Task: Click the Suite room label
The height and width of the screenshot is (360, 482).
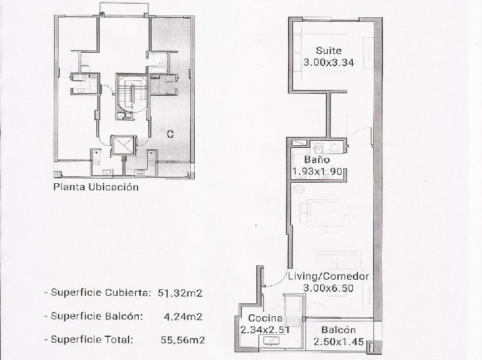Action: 328,50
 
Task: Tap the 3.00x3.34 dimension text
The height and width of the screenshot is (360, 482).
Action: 328,62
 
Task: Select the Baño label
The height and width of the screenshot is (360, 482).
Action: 317,159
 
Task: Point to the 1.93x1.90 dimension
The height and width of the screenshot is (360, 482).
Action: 317,171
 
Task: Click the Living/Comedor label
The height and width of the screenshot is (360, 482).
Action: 328,276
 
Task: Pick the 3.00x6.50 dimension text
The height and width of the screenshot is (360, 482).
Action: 328,288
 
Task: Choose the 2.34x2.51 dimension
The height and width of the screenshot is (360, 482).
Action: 265,330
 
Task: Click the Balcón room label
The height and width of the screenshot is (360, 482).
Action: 339,330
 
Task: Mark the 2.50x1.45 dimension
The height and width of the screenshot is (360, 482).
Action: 339,341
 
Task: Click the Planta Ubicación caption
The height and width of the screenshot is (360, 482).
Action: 96,187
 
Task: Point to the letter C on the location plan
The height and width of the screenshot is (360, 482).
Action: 170,134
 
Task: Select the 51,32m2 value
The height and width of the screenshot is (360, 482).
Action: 180,293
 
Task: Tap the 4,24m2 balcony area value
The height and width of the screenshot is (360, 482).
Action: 183,316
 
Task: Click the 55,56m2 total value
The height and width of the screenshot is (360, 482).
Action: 183,339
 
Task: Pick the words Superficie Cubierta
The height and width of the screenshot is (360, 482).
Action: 100,292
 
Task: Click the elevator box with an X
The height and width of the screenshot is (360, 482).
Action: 123,145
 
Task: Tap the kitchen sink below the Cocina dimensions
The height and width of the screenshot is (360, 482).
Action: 271,341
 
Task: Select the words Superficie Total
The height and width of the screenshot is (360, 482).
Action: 92,339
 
